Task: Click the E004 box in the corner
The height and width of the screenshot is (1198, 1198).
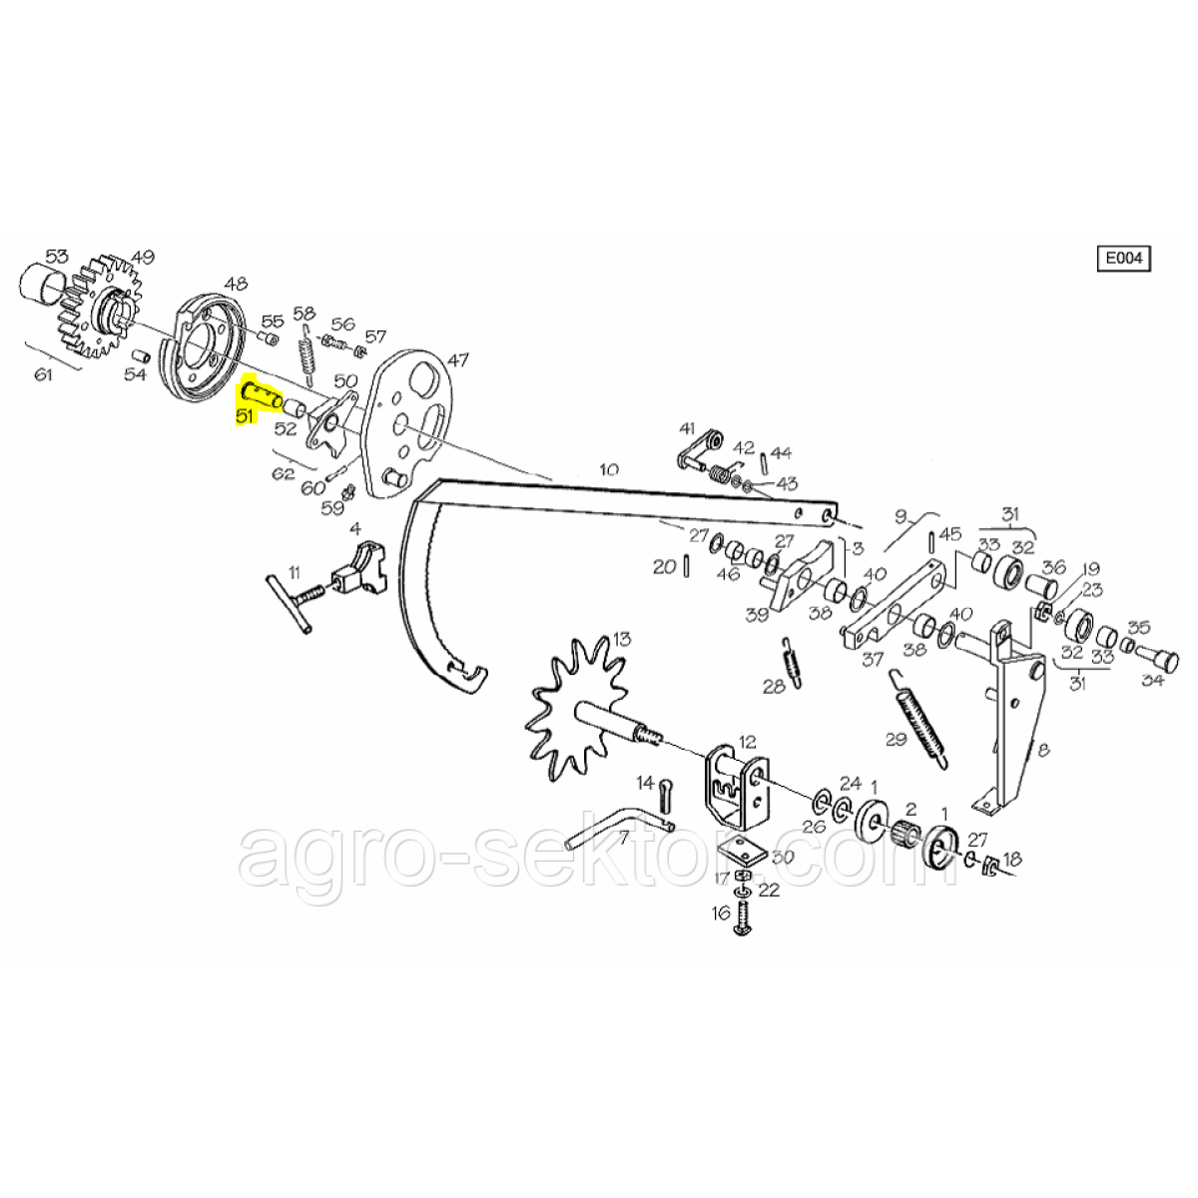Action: point(1123,259)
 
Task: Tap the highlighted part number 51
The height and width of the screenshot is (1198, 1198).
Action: point(246,415)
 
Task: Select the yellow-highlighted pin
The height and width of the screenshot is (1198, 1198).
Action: point(262,395)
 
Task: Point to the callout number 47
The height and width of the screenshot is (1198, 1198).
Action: point(458,360)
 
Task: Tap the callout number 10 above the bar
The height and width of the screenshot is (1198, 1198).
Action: point(609,469)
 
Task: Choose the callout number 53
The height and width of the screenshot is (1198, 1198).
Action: point(57,257)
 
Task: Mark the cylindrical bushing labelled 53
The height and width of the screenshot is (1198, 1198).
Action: point(44,286)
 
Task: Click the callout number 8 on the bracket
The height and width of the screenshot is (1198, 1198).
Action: point(1043,751)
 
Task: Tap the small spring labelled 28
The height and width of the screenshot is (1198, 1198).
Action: point(791,663)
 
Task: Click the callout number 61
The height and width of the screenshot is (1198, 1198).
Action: point(44,375)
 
